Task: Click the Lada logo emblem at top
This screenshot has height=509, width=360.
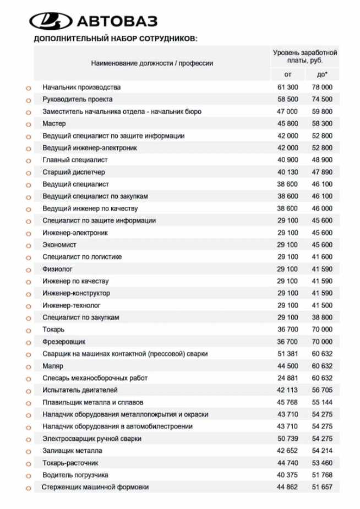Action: tap(51, 21)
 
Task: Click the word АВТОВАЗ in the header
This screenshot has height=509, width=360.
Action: tap(117, 21)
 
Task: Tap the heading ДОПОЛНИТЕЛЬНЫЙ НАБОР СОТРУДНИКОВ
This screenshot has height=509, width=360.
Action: tap(115, 39)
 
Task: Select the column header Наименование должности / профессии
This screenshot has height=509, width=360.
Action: tap(152, 63)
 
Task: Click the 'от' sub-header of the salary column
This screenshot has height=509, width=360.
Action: tap(287, 74)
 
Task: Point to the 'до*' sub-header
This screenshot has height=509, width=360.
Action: tap(322, 74)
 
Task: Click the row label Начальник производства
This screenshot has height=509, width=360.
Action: tap(81, 87)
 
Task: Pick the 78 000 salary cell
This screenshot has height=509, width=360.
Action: tap(322, 87)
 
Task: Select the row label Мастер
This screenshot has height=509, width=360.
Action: tap(54, 124)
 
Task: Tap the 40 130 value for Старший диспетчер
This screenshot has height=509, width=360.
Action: tap(287, 172)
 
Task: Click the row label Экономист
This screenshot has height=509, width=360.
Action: tap(59, 245)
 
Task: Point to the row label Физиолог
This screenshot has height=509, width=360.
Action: tap(58, 269)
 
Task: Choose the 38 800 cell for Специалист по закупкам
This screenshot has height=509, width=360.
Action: tap(322, 318)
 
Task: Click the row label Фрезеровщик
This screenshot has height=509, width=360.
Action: tap(64, 342)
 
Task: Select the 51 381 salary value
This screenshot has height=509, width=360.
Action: tap(287, 354)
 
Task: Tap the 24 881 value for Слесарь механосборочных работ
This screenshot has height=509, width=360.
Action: tap(287, 378)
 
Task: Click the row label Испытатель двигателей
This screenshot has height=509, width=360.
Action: tap(80, 390)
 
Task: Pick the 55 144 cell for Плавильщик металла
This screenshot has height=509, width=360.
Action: tap(322, 402)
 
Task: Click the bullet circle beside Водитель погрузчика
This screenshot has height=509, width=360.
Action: tap(28, 475)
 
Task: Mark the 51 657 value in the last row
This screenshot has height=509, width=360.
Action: tap(322, 487)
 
